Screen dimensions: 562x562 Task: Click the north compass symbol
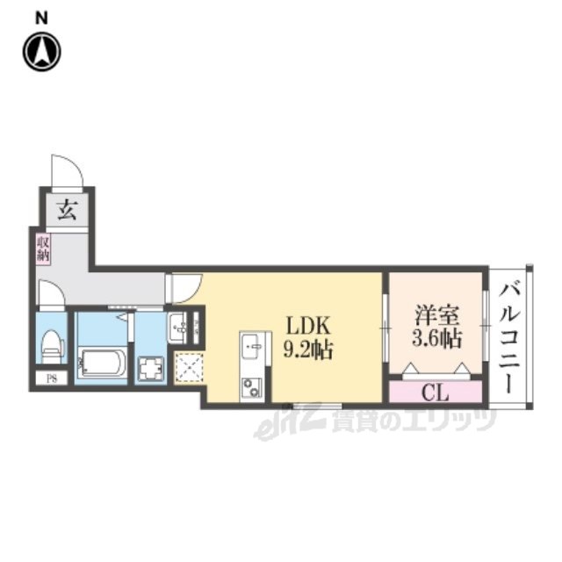tap(42, 52)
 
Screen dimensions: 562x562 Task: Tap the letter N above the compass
tap(41, 18)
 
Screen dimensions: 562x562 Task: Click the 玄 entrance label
tap(67, 210)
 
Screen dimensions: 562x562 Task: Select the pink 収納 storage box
tap(43, 249)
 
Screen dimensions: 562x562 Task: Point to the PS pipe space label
tap(52, 378)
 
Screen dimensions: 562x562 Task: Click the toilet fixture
tap(53, 346)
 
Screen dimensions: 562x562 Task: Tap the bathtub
tap(102, 363)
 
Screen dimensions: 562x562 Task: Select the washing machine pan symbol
tap(150, 369)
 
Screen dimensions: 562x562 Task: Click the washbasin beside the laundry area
tap(177, 328)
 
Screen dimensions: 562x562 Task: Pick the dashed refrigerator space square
tap(189, 367)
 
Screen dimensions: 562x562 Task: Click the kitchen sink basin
tap(252, 346)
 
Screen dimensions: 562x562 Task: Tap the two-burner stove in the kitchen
tap(251, 387)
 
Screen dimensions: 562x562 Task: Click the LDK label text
tap(308, 326)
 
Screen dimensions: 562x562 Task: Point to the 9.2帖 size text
tap(308, 349)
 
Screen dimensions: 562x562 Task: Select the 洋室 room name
tap(437, 315)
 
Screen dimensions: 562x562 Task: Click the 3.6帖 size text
tap(437, 338)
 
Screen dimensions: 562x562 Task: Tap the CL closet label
tap(436, 393)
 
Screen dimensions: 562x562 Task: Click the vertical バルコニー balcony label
tap(510, 337)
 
